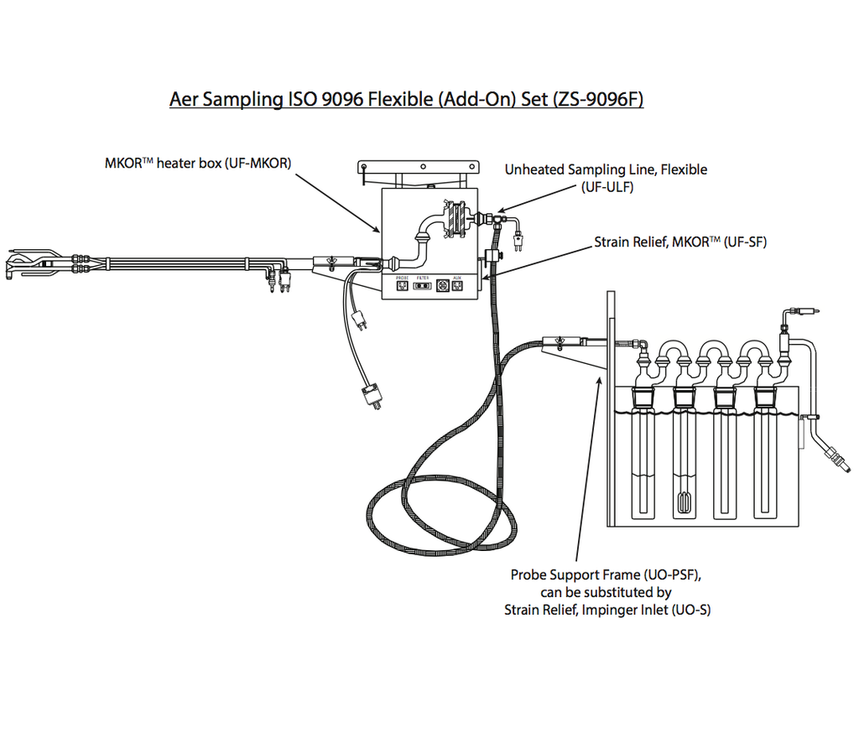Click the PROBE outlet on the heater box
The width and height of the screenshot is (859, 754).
[x=402, y=286]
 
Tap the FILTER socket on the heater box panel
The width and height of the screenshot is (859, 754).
[x=424, y=286]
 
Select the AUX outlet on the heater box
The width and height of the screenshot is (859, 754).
[x=457, y=286]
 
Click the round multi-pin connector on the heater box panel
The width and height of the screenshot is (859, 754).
[x=442, y=286]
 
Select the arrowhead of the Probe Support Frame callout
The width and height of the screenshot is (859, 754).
[x=598, y=380]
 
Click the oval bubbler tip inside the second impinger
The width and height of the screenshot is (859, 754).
[x=683, y=503]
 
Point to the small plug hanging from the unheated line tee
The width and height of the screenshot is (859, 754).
[x=517, y=244]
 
